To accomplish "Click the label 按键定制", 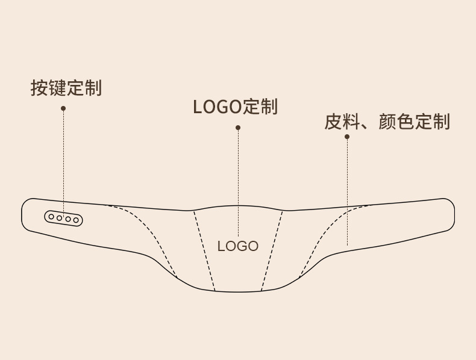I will tap(66, 88).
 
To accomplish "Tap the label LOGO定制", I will tap(235, 107).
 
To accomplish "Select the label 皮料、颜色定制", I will tap(387, 122).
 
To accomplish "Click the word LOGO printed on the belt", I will tap(237, 246).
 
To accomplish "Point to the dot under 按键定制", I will tap(63, 108).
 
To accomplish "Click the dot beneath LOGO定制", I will tap(238, 128).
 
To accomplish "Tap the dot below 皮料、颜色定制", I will tap(347, 137).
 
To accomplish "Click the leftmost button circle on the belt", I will tap(51, 217).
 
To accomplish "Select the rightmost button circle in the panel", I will tap(76, 220).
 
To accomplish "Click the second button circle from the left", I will tap(59, 218).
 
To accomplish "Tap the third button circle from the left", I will tap(67, 219).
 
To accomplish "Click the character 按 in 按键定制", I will tap(39, 88).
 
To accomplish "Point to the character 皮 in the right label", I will tap(333, 122).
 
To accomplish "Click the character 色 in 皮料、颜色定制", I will tap(406, 122).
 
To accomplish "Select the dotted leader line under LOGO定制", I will tap(238, 181).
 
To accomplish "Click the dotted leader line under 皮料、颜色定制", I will tap(347, 193).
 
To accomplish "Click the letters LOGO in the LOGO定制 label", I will tap(217, 107).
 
